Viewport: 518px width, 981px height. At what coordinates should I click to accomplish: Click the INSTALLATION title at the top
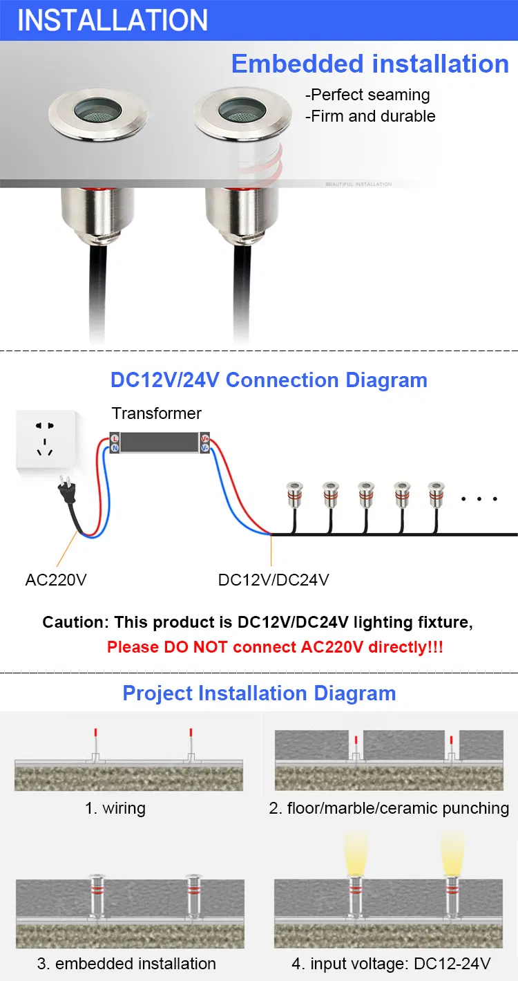[113, 20]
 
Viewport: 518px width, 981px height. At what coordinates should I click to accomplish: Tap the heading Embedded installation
[370, 64]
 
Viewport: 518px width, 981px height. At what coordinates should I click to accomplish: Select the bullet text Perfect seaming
[367, 95]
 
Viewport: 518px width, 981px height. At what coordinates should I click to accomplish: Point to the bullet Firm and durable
[370, 116]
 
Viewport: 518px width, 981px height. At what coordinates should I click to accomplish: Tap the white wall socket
[46, 440]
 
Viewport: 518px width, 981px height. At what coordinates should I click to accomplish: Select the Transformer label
[157, 413]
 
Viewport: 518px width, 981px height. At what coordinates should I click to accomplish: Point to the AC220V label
[56, 579]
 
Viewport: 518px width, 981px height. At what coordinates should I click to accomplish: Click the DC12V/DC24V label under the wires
[274, 579]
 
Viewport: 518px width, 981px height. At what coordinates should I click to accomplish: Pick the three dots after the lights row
[479, 498]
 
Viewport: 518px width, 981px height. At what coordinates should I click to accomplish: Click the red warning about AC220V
[275, 648]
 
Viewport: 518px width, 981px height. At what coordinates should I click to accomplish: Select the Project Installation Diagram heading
[259, 693]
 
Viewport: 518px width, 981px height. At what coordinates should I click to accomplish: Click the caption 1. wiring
[115, 807]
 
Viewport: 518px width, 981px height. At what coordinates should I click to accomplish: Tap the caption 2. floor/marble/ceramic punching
[389, 807]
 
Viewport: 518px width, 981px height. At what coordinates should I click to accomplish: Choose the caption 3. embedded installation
[126, 963]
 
